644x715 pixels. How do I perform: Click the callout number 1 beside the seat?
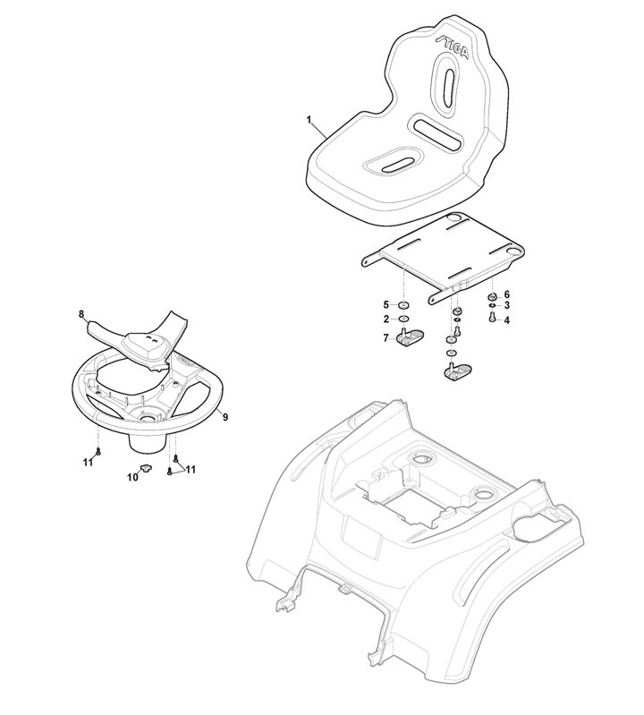[x=309, y=120]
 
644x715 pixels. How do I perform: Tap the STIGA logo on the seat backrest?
[x=452, y=47]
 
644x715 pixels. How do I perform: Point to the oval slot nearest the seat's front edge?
[x=395, y=166]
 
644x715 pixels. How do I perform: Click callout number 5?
[x=386, y=304]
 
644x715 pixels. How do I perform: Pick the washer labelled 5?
[x=403, y=305]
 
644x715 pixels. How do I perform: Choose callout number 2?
[x=386, y=319]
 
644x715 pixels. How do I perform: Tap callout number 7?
[x=386, y=338]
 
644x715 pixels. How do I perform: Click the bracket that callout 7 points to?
[x=410, y=337]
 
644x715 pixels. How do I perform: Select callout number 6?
[x=507, y=294]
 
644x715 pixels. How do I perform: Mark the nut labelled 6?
[x=493, y=296]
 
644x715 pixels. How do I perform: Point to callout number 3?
[x=507, y=305]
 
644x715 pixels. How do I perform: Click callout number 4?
[x=507, y=320]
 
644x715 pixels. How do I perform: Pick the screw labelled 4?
[x=492, y=317]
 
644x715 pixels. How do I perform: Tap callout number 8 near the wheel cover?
[x=81, y=314]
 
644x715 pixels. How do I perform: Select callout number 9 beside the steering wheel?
[x=225, y=417]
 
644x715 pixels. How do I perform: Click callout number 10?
[x=132, y=478]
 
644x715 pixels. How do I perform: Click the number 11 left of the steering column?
[x=88, y=462]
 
